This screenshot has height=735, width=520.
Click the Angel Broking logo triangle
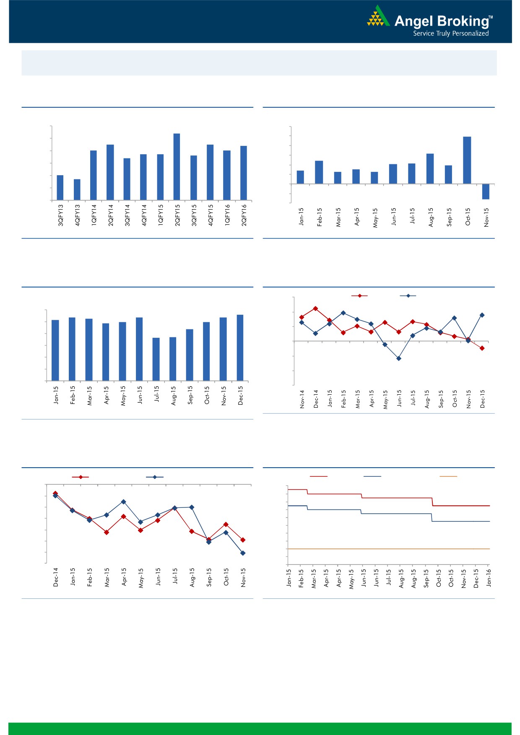(x=378, y=17)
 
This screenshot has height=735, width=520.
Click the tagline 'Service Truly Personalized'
(x=451, y=34)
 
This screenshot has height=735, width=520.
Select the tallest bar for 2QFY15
(x=177, y=166)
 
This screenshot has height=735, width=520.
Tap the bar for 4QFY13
(x=77, y=189)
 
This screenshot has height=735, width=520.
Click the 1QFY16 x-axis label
(x=227, y=215)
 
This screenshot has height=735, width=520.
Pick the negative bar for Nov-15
(x=486, y=192)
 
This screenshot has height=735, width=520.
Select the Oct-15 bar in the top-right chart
(x=467, y=160)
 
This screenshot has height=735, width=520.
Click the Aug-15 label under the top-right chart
(x=431, y=217)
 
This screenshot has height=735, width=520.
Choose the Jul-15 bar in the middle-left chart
(x=156, y=359)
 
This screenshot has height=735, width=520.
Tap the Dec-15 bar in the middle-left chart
(x=240, y=347)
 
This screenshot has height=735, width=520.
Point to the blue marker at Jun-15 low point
(x=399, y=358)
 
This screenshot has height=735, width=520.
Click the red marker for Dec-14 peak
(x=315, y=308)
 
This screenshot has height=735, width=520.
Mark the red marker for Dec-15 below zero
(x=482, y=348)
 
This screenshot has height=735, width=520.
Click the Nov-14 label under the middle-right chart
(x=302, y=399)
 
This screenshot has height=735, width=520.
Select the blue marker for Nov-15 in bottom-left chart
(x=243, y=553)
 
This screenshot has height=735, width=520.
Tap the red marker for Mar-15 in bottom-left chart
(x=107, y=532)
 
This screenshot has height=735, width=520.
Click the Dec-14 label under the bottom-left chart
(x=56, y=577)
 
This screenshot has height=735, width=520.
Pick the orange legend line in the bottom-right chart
(x=448, y=476)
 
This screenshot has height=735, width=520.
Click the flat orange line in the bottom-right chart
(x=388, y=549)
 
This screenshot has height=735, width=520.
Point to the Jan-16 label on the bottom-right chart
(x=489, y=577)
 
